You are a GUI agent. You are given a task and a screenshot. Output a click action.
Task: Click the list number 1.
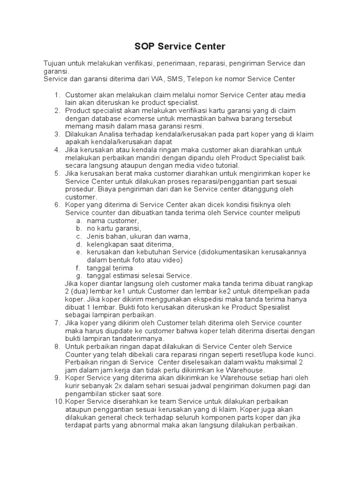tap(57, 94)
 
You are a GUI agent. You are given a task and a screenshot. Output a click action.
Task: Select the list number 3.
tap(57, 134)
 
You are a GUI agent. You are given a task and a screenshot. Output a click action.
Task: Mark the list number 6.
tap(57, 205)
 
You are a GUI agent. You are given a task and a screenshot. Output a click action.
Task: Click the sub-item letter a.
tap(78, 221)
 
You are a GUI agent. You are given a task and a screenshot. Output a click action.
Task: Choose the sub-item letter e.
tap(78, 252)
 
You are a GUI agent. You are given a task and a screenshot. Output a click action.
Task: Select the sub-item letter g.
tap(78, 276)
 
